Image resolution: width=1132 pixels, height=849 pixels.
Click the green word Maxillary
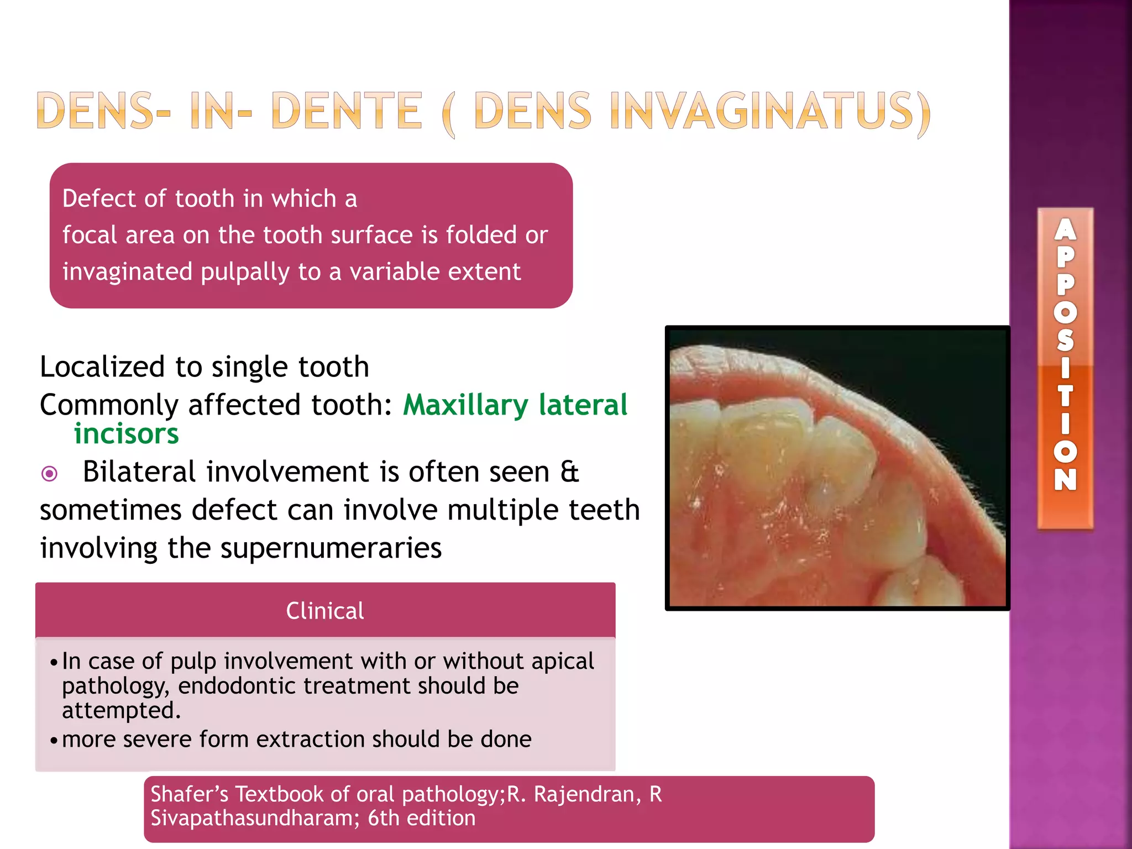point(465,405)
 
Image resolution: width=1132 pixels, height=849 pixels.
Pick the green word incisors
point(127,434)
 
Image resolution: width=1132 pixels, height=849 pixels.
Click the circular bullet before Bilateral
point(50,474)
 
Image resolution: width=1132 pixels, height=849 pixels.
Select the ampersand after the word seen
point(569,472)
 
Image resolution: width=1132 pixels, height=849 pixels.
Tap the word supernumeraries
point(331,548)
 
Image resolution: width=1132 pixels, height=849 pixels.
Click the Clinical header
point(325,611)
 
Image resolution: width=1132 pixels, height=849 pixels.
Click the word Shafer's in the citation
point(190,794)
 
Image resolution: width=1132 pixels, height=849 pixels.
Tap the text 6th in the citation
point(384,818)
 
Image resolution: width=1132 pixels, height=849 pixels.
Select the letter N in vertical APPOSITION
point(1065,480)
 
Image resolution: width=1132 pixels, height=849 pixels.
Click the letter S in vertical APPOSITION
point(1065,340)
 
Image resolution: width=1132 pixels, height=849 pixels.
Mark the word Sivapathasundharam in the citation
point(251,818)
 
